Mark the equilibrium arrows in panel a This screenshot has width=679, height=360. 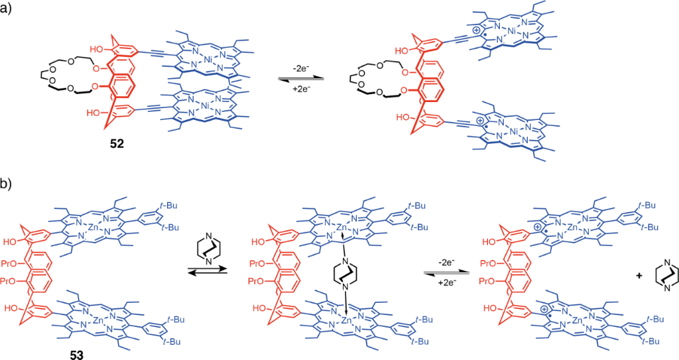pos(302,77)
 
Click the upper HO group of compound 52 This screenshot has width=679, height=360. pos(97,47)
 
